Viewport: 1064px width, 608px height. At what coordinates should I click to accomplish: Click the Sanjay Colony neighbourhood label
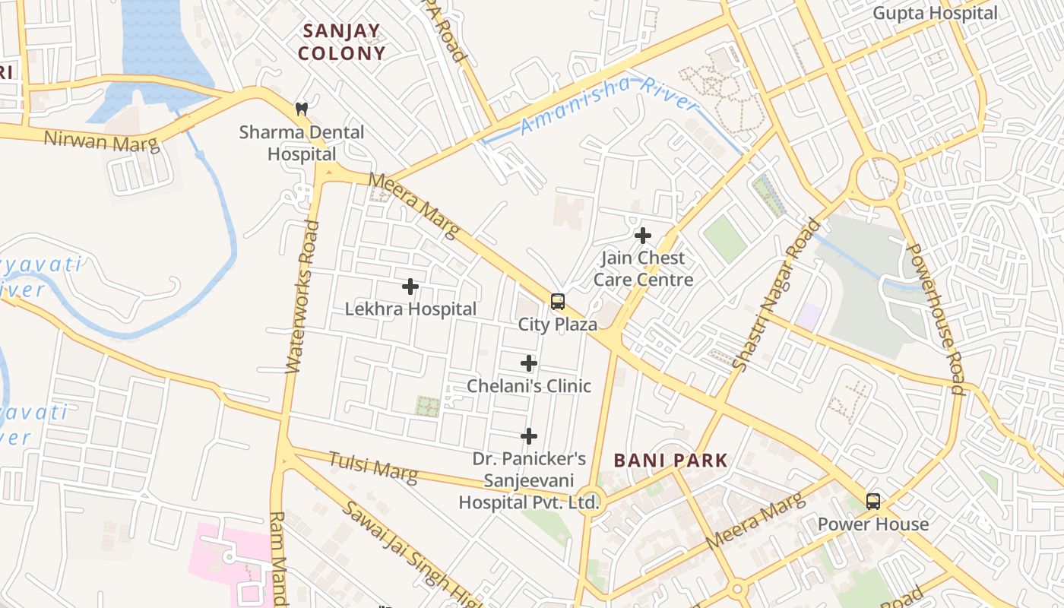[341, 42]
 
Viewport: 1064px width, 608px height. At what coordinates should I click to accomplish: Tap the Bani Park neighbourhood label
[670, 460]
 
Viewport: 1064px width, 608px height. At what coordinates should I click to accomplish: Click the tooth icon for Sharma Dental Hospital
[302, 109]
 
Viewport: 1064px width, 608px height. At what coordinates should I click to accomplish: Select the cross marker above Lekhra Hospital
[410, 287]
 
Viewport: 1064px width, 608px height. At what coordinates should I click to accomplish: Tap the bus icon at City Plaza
[558, 302]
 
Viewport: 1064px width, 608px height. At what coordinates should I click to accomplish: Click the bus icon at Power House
[873, 502]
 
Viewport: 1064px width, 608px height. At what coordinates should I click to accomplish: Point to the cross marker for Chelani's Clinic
[529, 363]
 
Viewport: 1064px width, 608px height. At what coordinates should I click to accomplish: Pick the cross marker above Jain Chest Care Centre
[643, 236]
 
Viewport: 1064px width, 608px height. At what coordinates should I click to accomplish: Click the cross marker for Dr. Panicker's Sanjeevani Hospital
[529, 436]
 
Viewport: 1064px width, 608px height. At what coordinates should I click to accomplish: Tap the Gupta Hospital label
[934, 13]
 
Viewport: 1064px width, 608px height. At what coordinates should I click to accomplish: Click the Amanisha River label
[610, 104]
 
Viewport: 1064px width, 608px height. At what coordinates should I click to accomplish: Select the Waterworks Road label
[301, 296]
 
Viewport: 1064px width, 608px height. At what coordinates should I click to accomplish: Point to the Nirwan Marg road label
[101, 141]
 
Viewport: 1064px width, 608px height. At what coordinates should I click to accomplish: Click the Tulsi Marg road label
[372, 467]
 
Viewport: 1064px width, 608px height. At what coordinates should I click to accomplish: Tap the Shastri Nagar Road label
[777, 294]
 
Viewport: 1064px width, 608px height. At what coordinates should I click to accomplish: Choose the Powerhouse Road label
[936, 319]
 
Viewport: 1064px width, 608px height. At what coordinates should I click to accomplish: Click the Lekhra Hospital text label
[410, 309]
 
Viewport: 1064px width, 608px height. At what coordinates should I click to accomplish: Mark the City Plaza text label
[557, 325]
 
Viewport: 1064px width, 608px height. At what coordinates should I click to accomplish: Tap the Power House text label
[873, 524]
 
